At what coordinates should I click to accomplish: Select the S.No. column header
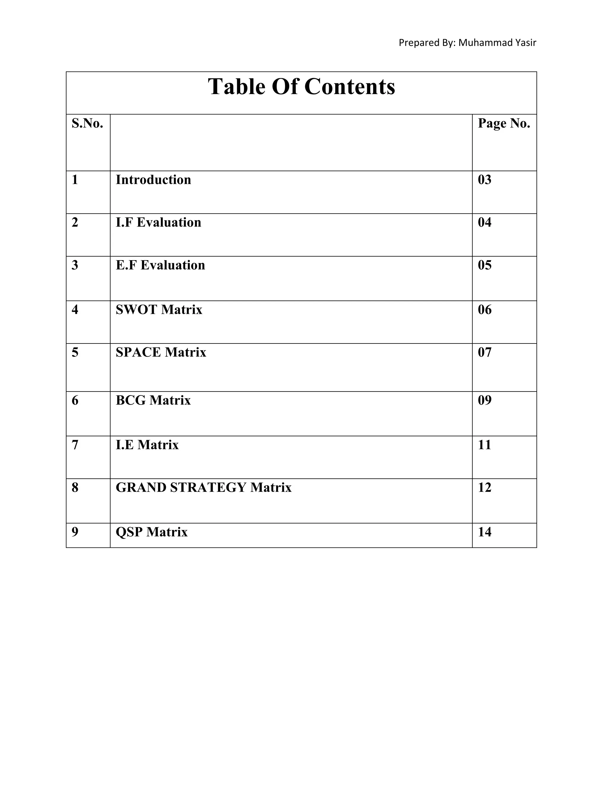pos(87,123)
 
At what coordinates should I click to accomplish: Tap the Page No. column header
pos(503,123)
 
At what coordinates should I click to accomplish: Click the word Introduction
pos(153,179)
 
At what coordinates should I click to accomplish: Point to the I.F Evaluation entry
pos(158,222)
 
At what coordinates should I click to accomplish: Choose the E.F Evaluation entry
pos(160,265)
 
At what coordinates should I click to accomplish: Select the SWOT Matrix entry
pos(159,309)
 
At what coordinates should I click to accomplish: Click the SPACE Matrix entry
pos(161,352)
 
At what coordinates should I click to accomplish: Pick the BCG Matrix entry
pos(153,400)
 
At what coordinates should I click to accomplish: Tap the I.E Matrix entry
pos(147,445)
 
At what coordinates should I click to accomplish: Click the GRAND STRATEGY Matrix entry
pos(203,487)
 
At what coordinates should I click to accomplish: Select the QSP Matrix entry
pos(151,532)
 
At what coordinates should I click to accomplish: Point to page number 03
pos(484,179)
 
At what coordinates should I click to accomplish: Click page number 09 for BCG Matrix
pos(484,400)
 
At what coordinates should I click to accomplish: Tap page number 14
pos(484,532)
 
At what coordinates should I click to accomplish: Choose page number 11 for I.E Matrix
pos(484,445)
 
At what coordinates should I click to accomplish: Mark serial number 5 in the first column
pos(75,352)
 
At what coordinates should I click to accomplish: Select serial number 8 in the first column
pos(75,487)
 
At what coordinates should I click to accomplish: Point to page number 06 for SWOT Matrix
pos(484,309)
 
